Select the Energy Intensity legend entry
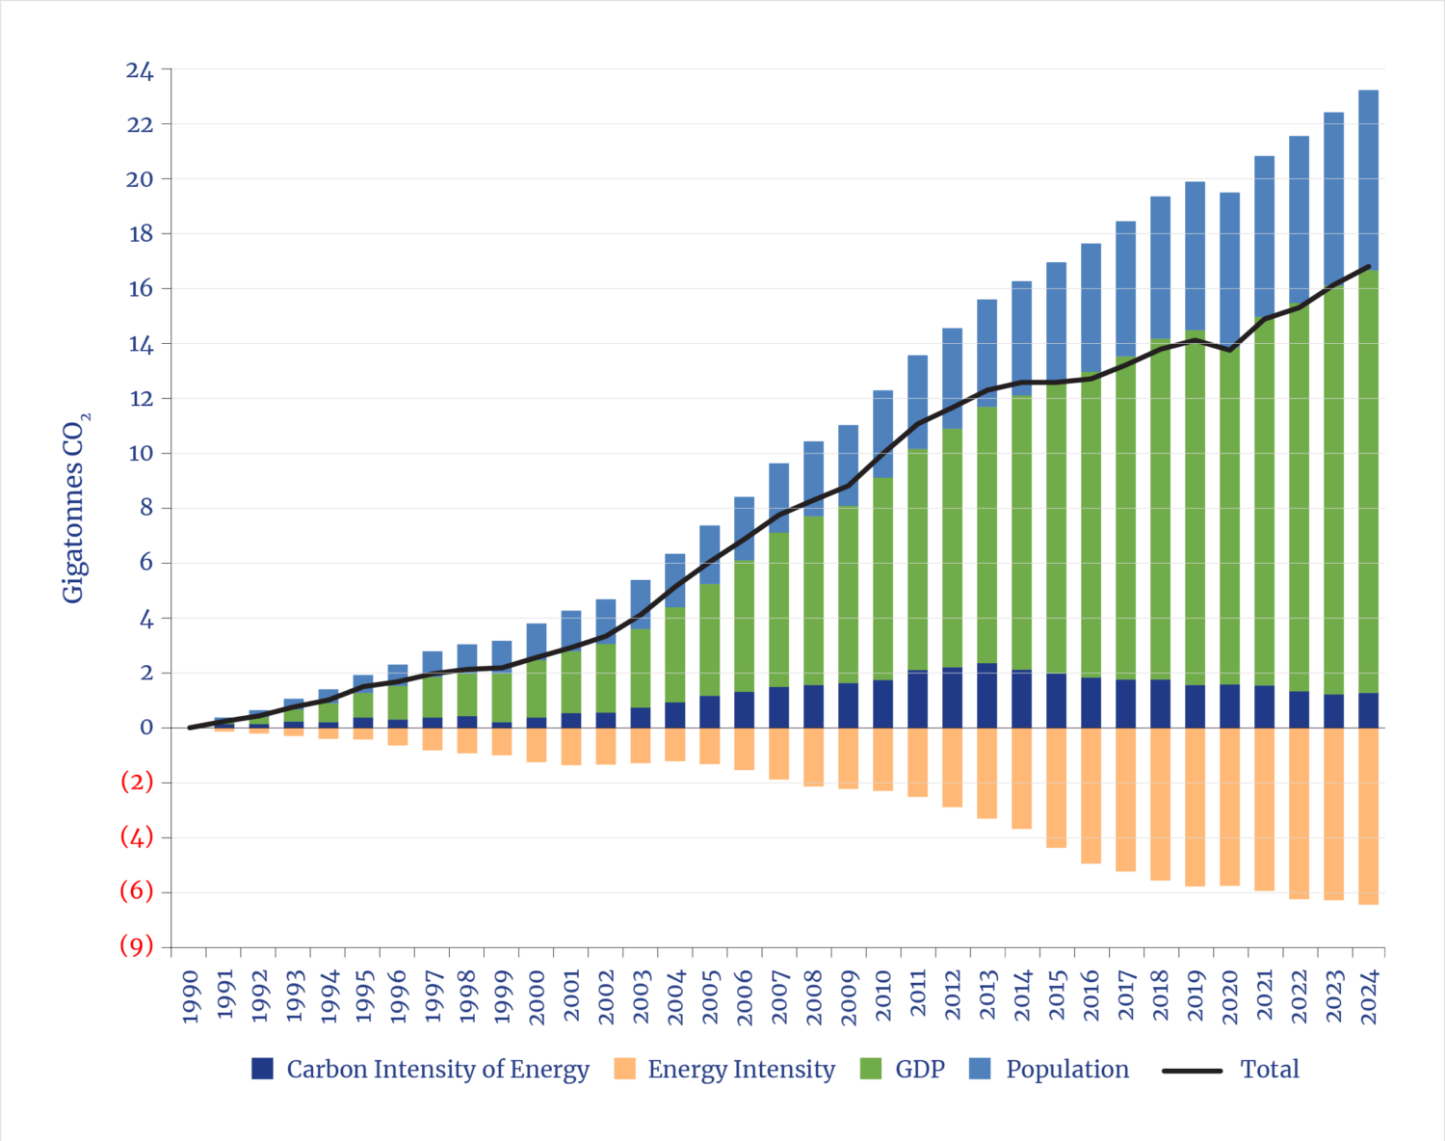click(x=724, y=1069)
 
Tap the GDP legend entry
click(x=903, y=1069)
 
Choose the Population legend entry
click(x=1050, y=1069)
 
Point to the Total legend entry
click(x=1252, y=1069)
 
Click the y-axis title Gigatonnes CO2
click(x=76, y=508)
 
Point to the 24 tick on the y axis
click(x=139, y=70)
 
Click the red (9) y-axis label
click(x=137, y=946)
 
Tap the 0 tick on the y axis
click(x=146, y=728)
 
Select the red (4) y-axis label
click(x=137, y=837)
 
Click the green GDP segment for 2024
click(x=1368, y=482)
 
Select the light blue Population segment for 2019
click(x=1195, y=255)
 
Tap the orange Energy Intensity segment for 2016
click(x=1090, y=796)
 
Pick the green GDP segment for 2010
click(x=882, y=578)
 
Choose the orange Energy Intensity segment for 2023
click(x=1333, y=814)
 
